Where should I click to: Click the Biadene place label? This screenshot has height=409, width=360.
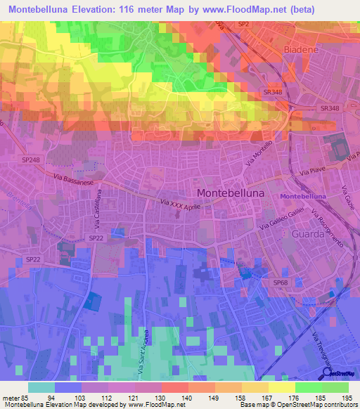[x=303, y=50]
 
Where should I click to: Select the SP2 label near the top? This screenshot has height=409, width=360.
[x=243, y=25]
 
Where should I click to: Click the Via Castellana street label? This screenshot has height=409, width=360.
[x=100, y=212]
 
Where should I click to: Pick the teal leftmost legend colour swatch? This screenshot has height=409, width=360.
[x=41, y=387]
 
